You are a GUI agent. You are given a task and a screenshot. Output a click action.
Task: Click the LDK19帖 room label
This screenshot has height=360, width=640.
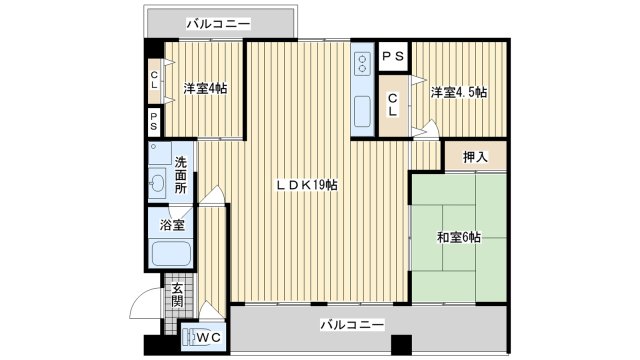coord(306,185)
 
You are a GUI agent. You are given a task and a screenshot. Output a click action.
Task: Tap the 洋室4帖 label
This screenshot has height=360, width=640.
coord(205,89)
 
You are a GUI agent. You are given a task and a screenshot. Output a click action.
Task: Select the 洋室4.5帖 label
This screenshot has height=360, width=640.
coord(459,92)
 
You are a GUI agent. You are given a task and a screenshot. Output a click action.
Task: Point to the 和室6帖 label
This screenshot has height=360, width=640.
coord(458,237)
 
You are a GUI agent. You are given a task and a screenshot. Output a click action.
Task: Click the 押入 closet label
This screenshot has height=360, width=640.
coord(475,156)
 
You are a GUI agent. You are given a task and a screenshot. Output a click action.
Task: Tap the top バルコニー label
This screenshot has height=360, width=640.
coord(218,24)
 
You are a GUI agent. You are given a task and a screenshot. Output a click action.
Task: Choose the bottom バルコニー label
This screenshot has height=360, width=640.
coord(352,325)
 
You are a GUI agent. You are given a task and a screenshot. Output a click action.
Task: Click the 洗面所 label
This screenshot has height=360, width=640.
coord(181,175)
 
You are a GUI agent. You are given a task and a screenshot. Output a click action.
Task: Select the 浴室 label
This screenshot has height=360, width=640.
coord(172,225)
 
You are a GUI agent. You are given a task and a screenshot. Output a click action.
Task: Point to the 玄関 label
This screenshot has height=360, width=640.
coord(177,295)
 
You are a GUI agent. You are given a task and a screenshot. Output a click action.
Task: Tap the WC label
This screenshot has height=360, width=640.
coord(209,338)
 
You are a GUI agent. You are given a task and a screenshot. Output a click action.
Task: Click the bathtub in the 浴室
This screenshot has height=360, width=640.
coord(171,253)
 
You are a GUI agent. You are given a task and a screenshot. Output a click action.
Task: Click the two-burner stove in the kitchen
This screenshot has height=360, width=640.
coord(362,64)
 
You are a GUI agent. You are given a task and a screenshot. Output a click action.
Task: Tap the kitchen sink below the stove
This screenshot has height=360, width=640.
coord(362,111)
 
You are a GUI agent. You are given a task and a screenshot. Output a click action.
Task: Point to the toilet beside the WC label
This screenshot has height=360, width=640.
coord(189,338)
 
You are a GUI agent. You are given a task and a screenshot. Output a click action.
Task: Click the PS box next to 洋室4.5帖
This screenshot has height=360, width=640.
coord(393,56)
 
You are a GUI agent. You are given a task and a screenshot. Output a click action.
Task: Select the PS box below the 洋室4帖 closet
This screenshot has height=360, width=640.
coord(154,121)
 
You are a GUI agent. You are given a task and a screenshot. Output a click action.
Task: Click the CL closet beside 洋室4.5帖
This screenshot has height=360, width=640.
coord(393,105)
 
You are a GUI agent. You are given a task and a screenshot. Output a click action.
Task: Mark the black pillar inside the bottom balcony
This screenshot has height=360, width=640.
coord(402,344)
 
